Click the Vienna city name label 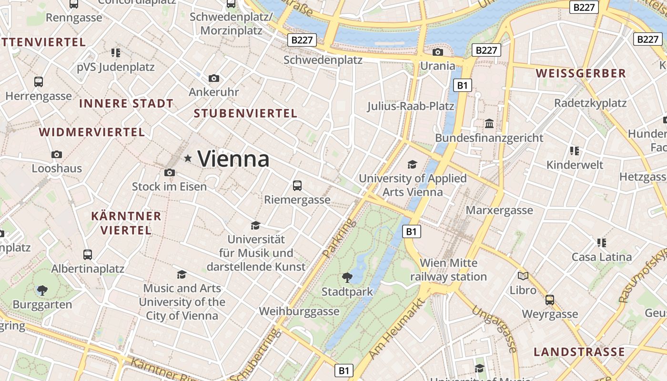coord(233,159)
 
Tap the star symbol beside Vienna coord(188,158)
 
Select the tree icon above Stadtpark coord(347,277)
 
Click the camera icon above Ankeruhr coord(214,78)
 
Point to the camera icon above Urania coord(437,52)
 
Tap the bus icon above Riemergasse coord(297,185)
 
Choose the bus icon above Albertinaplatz coord(88,254)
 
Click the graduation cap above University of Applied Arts coord(412,164)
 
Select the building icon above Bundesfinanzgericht coord(489,124)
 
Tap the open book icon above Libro coord(523,276)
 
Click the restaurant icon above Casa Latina coord(602,243)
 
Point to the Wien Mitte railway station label coord(448,270)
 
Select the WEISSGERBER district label coord(580,73)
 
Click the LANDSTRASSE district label coord(579,352)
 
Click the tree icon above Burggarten coord(42,290)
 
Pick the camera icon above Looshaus coord(57,154)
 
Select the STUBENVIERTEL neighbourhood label coord(245,113)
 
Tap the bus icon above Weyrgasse coord(550,300)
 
